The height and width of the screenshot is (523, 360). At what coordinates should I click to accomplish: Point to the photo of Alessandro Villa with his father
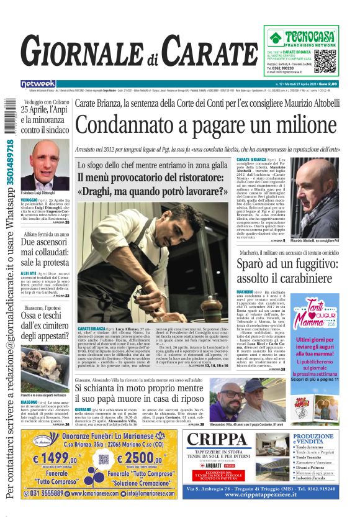[232, 399]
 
